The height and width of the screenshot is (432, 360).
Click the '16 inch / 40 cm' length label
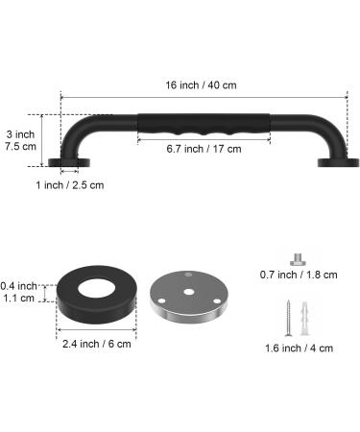[204, 84]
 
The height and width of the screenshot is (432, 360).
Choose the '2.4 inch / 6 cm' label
[94, 344]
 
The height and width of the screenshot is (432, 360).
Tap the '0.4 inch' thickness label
[19, 285]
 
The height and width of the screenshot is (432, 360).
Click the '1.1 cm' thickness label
[19, 298]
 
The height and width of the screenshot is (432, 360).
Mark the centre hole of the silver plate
[189, 287]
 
